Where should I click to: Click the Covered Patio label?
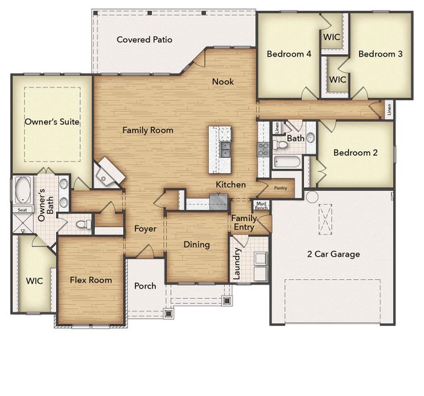click(x=145, y=40)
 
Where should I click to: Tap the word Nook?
click(x=223, y=82)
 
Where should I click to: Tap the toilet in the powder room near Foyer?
click(x=82, y=224)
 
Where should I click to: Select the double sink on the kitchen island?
click(x=225, y=149)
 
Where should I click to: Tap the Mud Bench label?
click(x=262, y=206)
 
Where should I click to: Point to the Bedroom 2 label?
click(x=355, y=152)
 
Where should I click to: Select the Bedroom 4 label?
click(x=289, y=54)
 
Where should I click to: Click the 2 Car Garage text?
click(x=334, y=254)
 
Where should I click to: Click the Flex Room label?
click(x=90, y=280)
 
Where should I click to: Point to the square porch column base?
click(x=227, y=301)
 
